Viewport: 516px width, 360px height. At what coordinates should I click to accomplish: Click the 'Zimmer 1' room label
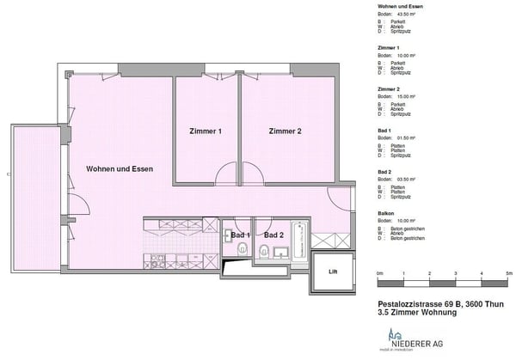(x=206, y=131)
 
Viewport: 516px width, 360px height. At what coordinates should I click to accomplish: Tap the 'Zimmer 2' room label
(x=286, y=131)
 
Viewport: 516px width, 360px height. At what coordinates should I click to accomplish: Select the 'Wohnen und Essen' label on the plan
(x=120, y=168)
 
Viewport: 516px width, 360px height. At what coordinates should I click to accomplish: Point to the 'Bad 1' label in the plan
(x=240, y=235)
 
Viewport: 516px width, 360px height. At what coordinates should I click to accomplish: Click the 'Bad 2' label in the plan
(x=274, y=235)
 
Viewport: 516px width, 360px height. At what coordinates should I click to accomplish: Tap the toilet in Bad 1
(x=243, y=250)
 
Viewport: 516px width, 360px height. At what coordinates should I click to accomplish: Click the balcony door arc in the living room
(x=77, y=206)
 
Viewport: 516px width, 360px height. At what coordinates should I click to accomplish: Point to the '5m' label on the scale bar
(x=509, y=272)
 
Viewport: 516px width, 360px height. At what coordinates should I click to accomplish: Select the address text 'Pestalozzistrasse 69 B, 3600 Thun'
(x=438, y=304)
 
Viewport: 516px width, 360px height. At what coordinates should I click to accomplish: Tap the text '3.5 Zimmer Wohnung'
(x=415, y=313)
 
